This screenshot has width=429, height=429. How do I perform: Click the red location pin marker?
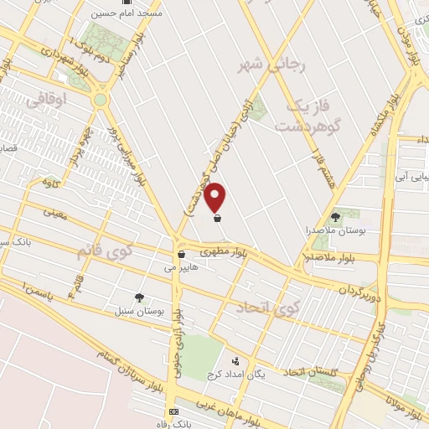pyautogui.click(x=216, y=196)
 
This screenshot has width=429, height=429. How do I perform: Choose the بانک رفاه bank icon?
pyautogui.click(x=173, y=412)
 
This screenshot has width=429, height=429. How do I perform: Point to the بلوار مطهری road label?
pyautogui.click(x=225, y=251)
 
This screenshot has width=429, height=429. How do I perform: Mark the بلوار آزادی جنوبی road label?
pyautogui.click(x=178, y=344)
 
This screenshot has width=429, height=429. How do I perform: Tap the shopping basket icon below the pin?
pyautogui.click(x=217, y=219)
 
